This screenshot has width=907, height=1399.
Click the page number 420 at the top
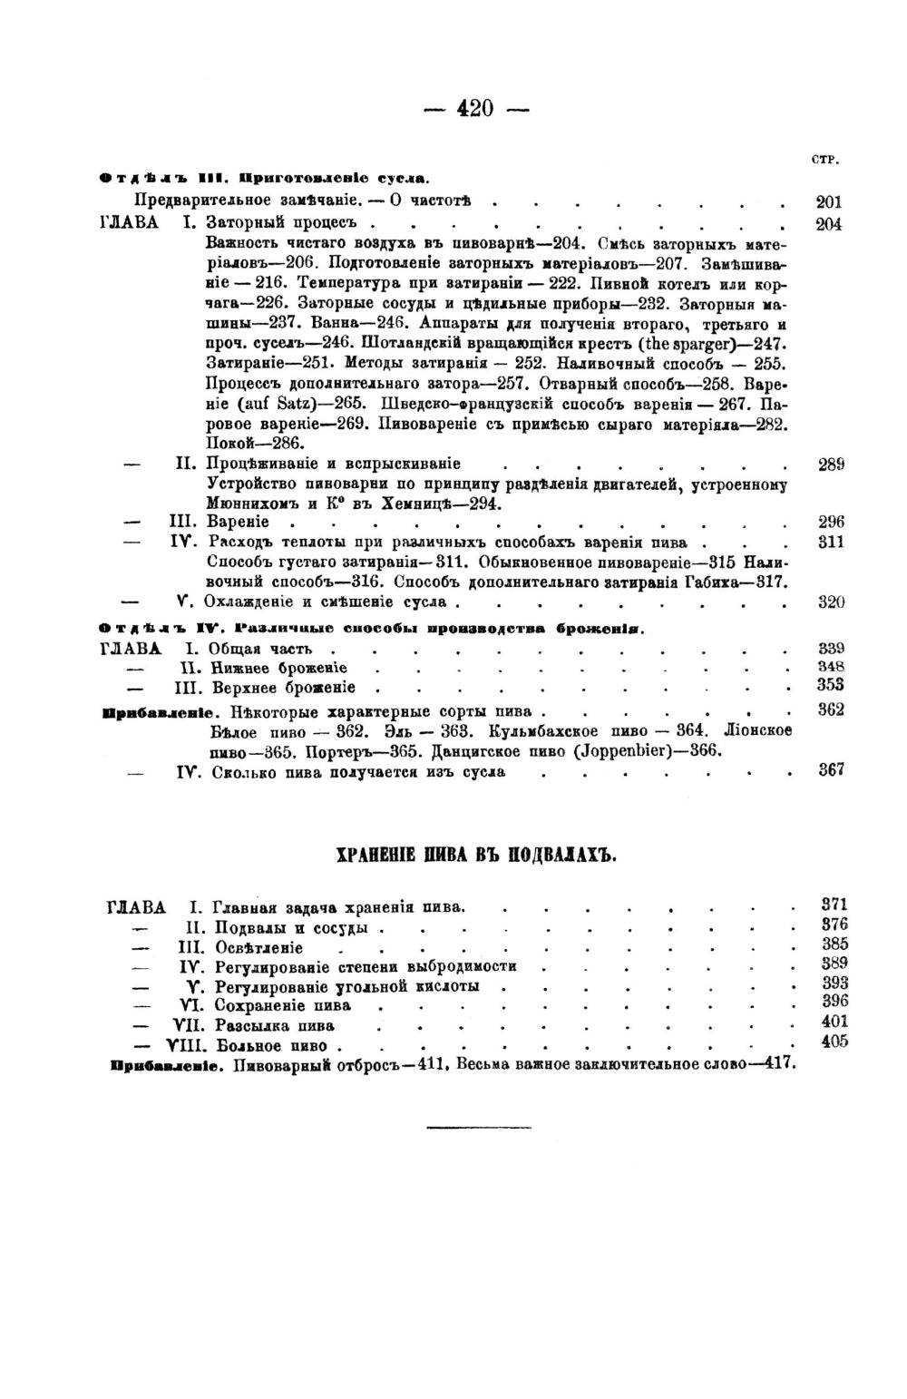tap(476, 108)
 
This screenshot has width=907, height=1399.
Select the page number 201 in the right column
tap(829, 202)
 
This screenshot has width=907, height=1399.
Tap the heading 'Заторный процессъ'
tap(282, 222)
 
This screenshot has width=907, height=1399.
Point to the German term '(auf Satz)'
tap(245, 403)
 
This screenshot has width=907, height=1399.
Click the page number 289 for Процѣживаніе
tap(831, 465)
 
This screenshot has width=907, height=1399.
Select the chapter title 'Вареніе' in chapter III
tap(238, 523)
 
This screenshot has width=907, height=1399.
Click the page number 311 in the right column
tap(831, 543)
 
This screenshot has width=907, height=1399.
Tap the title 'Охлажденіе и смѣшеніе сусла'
tap(327, 602)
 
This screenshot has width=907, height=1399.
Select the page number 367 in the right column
tap(831, 769)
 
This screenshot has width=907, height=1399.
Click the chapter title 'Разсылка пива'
tap(274, 1026)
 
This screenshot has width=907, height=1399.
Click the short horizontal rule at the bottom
tap(466, 1128)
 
